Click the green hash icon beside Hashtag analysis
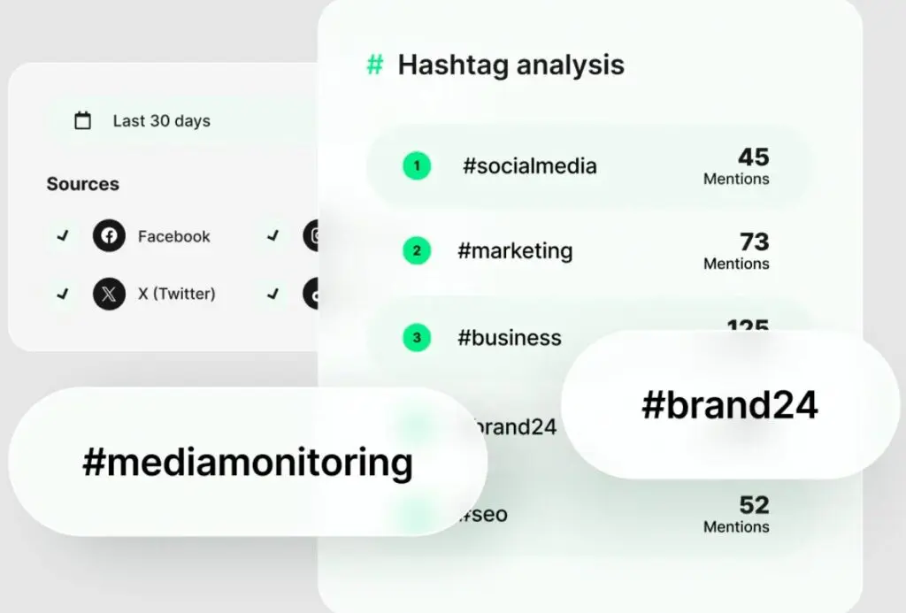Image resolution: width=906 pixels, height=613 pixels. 375,65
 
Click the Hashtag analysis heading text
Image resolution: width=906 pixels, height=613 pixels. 511,65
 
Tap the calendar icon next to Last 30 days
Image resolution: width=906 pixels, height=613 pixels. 82,121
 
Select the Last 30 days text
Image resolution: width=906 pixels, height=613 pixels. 161,121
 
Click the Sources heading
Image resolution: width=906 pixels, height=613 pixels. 82,184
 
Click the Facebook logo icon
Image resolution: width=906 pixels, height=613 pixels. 109,236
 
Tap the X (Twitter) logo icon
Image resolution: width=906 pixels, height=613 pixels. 109,294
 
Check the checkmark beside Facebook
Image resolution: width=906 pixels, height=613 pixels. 62,236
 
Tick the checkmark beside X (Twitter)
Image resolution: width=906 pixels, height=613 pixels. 62,294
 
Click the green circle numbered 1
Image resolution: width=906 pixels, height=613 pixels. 417,165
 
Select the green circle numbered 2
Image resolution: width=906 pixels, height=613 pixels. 417,251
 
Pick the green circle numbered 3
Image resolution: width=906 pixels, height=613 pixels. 417,337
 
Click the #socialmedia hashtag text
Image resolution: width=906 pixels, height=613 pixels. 529,165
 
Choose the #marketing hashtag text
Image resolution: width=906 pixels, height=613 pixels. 515,251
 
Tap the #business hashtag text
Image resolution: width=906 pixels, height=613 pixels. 509,337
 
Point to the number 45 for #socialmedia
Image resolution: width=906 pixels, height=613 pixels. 753,157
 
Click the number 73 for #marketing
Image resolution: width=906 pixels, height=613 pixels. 754,242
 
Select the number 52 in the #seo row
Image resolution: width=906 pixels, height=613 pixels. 754,505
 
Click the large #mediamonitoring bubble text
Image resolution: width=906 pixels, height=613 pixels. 247,462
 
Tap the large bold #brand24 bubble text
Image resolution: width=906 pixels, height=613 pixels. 729,405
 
